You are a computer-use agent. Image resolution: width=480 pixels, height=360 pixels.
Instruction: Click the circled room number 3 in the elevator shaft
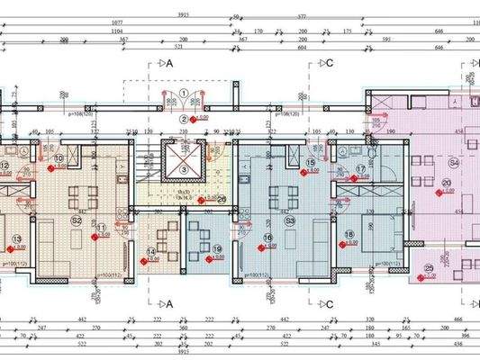coord(183,168)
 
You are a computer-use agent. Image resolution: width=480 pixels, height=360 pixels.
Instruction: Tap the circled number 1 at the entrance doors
coord(184,93)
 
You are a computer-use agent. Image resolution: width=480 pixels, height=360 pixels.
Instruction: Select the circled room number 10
coord(59,159)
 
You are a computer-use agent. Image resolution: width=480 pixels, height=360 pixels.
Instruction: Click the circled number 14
coord(151,252)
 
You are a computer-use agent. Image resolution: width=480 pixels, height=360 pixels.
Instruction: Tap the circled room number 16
coord(267,238)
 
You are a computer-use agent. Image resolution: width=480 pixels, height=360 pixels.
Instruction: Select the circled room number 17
coord(361,168)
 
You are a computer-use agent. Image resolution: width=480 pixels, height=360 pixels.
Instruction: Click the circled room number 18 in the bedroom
coord(349,236)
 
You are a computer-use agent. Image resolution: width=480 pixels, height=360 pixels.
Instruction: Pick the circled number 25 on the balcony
coord(429,268)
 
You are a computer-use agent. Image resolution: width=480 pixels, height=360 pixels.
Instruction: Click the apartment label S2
coord(77,220)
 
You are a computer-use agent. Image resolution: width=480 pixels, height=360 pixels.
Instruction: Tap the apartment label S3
coord(290,220)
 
